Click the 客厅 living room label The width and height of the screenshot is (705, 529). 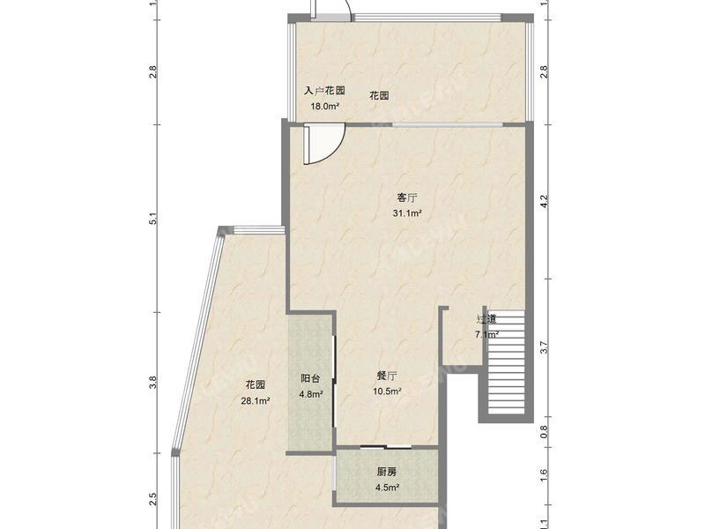point(406,197)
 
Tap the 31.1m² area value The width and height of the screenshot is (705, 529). point(406,213)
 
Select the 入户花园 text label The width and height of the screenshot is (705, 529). point(323,91)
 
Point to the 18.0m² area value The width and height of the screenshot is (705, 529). point(323,107)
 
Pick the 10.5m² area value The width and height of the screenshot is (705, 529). point(389,391)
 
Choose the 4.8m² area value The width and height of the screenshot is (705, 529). point(310,394)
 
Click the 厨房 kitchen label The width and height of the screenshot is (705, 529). point(387,472)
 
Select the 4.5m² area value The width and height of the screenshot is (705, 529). point(387,488)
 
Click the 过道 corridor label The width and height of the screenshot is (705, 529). point(486,318)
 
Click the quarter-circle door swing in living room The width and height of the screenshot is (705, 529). point(323,144)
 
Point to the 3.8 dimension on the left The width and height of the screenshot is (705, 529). point(152,383)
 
